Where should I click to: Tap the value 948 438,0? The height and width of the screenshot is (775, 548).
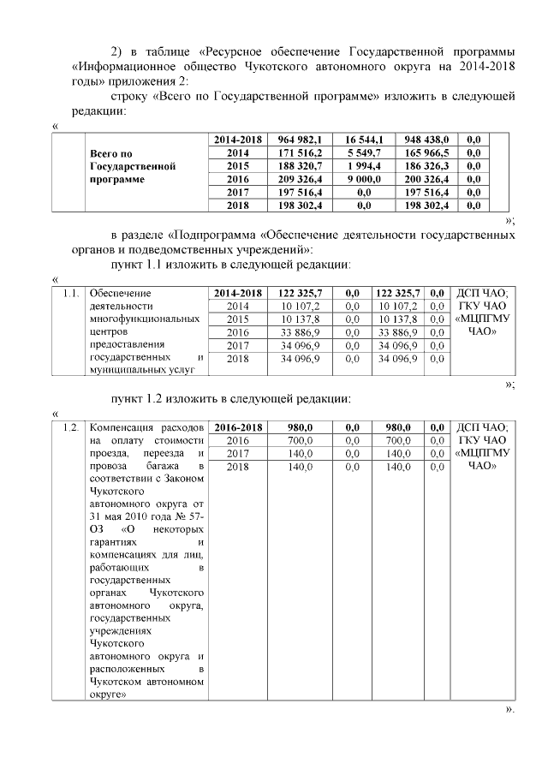point(426,139)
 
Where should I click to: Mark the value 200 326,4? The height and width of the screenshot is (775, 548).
point(426,179)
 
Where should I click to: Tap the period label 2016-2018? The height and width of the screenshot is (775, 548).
point(237,426)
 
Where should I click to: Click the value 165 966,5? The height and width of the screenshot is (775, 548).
point(426,152)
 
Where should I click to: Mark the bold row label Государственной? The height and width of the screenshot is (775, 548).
point(132,166)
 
